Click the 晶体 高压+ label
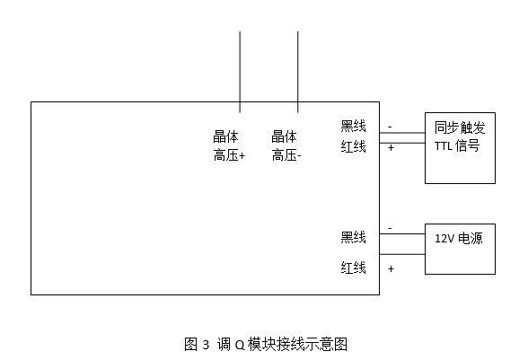coord(229,146)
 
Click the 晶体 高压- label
coord(286,146)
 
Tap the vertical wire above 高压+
coord(240,72)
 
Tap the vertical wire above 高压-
coord(298,72)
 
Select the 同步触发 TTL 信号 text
coord(460,136)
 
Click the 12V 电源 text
coord(459,239)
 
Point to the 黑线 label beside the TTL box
coord(353,126)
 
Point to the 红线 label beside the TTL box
coord(353,147)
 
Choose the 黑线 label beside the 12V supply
coord(353,237)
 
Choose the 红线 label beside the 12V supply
coord(353,268)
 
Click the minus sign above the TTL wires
coord(390,127)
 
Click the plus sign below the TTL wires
coord(391,148)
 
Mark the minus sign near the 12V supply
coord(390,228)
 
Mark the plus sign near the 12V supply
coord(391,268)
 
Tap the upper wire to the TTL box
coord(402,133)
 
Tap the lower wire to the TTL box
coord(402,143)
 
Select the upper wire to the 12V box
coord(402,233)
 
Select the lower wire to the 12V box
coord(402,254)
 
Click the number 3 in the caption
coord(206,345)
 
